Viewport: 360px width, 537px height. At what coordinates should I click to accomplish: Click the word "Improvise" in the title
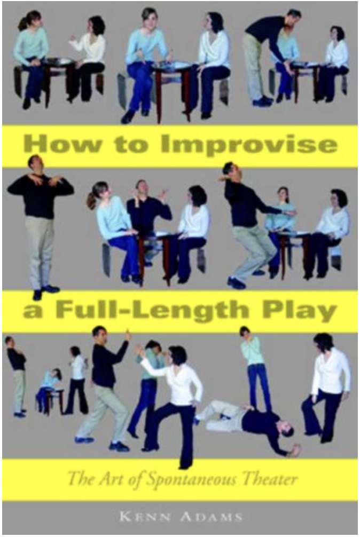[249, 144]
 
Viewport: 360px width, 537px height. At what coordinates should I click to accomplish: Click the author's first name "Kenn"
[145, 517]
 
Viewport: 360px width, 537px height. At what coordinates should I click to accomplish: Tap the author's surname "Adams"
[212, 517]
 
